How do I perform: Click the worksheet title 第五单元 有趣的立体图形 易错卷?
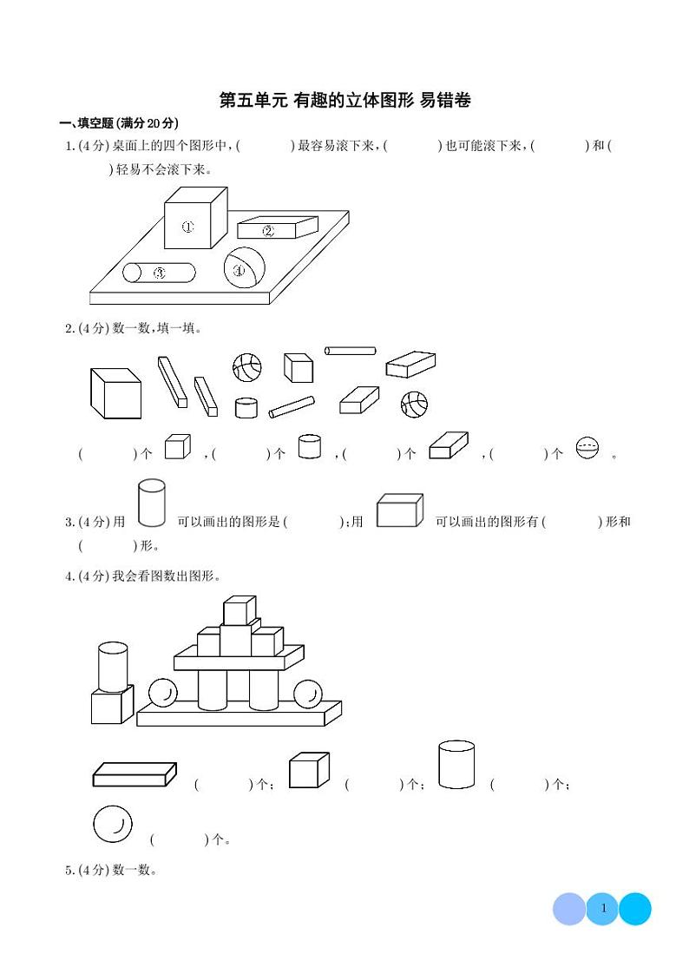[344, 101]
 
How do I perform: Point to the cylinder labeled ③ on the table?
[159, 273]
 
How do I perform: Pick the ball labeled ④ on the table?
[244, 267]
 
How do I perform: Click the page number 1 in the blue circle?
[602, 909]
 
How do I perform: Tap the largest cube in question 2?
[115, 393]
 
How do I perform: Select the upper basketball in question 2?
[246, 367]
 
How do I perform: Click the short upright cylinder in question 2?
[246, 407]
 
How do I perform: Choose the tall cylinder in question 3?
[151, 503]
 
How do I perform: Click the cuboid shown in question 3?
[399, 510]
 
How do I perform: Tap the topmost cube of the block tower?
[239, 609]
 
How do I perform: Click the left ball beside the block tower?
[162, 693]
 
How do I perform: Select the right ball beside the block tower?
[306, 694]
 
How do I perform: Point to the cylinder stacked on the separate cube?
[113, 667]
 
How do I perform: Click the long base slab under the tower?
[238, 714]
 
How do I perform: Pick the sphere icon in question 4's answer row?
[112, 824]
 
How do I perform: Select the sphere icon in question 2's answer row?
[587, 448]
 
